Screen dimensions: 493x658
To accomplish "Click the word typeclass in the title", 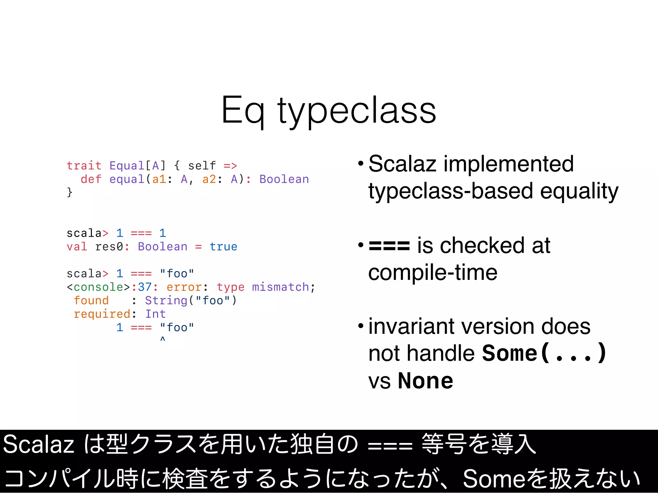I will click(x=357, y=111).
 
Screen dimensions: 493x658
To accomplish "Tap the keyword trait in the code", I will click(x=84, y=166).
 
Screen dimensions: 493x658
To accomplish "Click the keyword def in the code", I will click(x=91, y=179).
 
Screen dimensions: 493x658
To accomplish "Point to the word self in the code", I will click(x=202, y=166).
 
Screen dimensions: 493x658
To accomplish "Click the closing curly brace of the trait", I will click(x=69, y=192).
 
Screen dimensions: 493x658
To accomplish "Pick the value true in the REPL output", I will click(x=223, y=246).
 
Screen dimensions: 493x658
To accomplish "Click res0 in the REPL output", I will click(x=109, y=246).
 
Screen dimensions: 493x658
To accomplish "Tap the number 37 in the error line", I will click(x=145, y=287).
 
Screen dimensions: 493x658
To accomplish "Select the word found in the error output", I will click(x=91, y=300).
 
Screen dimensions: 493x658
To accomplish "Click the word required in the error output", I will click(x=102, y=314).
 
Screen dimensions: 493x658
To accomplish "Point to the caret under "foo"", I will click(x=163, y=339).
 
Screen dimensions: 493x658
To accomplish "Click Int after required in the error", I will click(x=156, y=314).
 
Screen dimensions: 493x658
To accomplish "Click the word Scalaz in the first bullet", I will click(x=402, y=164).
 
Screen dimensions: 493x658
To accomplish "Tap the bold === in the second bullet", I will click(x=389, y=246).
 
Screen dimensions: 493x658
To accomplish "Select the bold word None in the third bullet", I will click(x=425, y=381).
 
